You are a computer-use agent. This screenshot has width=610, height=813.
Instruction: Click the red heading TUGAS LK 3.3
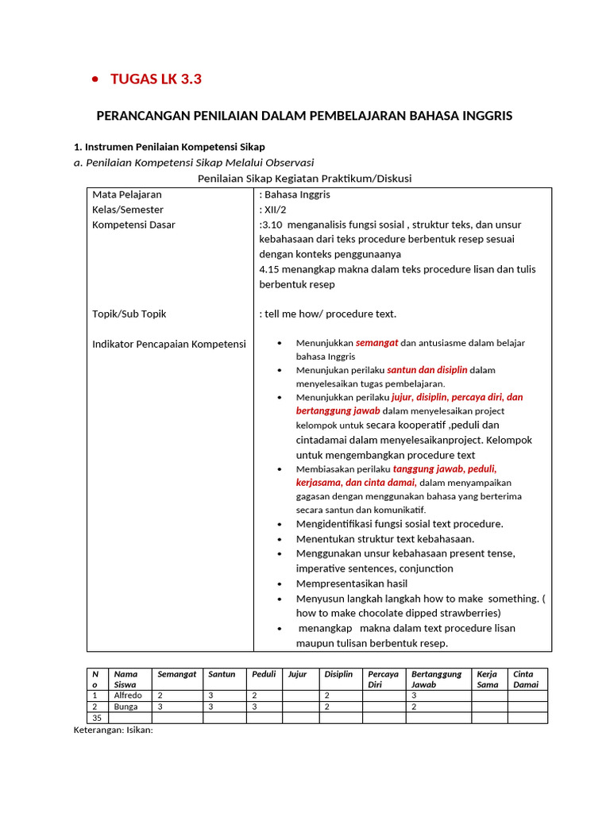pos(156,79)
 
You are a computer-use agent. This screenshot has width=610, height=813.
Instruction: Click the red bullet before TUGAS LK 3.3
pos(95,79)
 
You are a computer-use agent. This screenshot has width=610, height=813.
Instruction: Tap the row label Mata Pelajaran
pos(127,195)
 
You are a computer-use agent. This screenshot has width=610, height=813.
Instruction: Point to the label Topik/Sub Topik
pos(129,314)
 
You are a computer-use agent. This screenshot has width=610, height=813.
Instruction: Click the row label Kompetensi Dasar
pos(133,225)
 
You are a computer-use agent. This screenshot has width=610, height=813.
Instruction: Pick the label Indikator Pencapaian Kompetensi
pos(169,344)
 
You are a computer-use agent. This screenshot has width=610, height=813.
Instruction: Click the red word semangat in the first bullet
pos(376,343)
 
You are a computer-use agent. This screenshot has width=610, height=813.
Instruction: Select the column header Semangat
pos(176,674)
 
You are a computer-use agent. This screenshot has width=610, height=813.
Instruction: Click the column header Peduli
pos(264,674)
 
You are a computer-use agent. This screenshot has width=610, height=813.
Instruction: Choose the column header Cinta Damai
pos(526,679)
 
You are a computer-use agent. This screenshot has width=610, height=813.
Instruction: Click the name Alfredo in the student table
pos(128,695)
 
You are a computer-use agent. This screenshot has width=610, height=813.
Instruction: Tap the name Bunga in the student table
pos(125,707)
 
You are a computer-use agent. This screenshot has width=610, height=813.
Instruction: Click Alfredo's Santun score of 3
pos(211,695)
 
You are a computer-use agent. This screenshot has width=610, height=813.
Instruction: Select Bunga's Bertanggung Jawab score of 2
pos(414,707)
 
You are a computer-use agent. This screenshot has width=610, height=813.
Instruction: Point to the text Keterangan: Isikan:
pos(113,730)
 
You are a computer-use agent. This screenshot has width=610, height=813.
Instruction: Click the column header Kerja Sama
pos(487,679)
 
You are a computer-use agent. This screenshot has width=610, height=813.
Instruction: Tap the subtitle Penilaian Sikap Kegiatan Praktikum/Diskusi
pos(304,179)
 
